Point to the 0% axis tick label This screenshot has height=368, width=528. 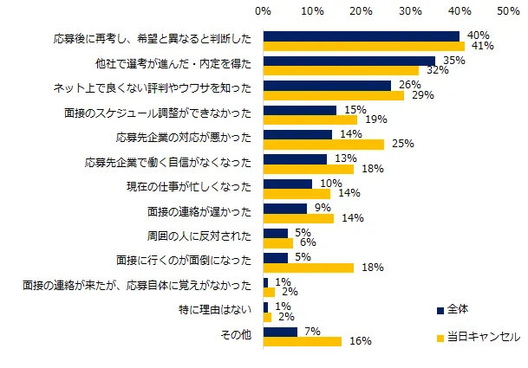click(264, 11)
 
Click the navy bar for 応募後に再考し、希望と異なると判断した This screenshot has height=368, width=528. click(362, 36)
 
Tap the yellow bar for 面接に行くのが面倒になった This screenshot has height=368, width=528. click(308, 268)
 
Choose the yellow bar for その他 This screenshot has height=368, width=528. click(303, 341)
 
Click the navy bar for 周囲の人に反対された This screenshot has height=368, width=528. click(276, 233)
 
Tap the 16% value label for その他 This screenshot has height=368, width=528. click(355, 342)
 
